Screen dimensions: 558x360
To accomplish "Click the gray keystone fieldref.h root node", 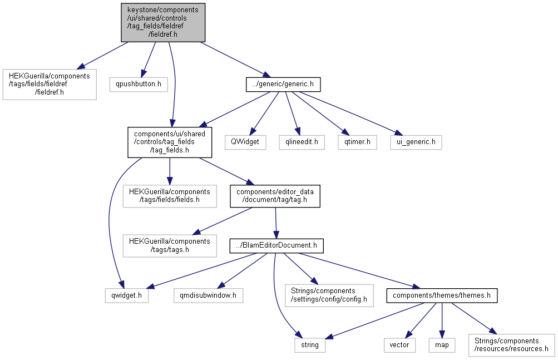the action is click(163, 22).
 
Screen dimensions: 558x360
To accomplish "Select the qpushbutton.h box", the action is click(139, 84).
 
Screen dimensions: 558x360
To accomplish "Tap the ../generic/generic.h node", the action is click(283, 85).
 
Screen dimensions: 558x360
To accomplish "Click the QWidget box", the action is click(245, 142).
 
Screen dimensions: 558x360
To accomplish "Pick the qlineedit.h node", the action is click(302, 142).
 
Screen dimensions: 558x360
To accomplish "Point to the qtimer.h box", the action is click(357, 142).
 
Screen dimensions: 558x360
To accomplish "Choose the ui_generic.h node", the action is click(416, 142).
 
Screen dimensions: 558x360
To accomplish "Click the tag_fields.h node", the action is click(170, 142).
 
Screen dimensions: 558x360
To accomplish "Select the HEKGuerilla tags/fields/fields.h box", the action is click(170, 196).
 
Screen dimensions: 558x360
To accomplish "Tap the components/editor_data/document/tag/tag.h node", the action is click(275, 196).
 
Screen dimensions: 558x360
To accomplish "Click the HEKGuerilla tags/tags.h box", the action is click(170, 246).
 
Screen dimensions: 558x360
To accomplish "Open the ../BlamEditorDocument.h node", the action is click(276, 246).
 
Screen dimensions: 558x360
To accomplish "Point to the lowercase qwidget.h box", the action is click(127, 295).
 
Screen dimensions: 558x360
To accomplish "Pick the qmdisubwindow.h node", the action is click(208, 295).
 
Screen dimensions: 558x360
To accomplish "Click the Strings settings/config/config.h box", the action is click(329, 295).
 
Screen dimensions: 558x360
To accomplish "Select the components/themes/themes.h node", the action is click(442, 295).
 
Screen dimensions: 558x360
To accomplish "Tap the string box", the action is click(310, 345).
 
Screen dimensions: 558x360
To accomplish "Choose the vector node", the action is click(399, 345).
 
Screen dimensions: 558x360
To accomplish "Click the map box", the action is click(442, 345).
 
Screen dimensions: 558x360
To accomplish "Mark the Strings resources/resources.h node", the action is click(512, 345).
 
